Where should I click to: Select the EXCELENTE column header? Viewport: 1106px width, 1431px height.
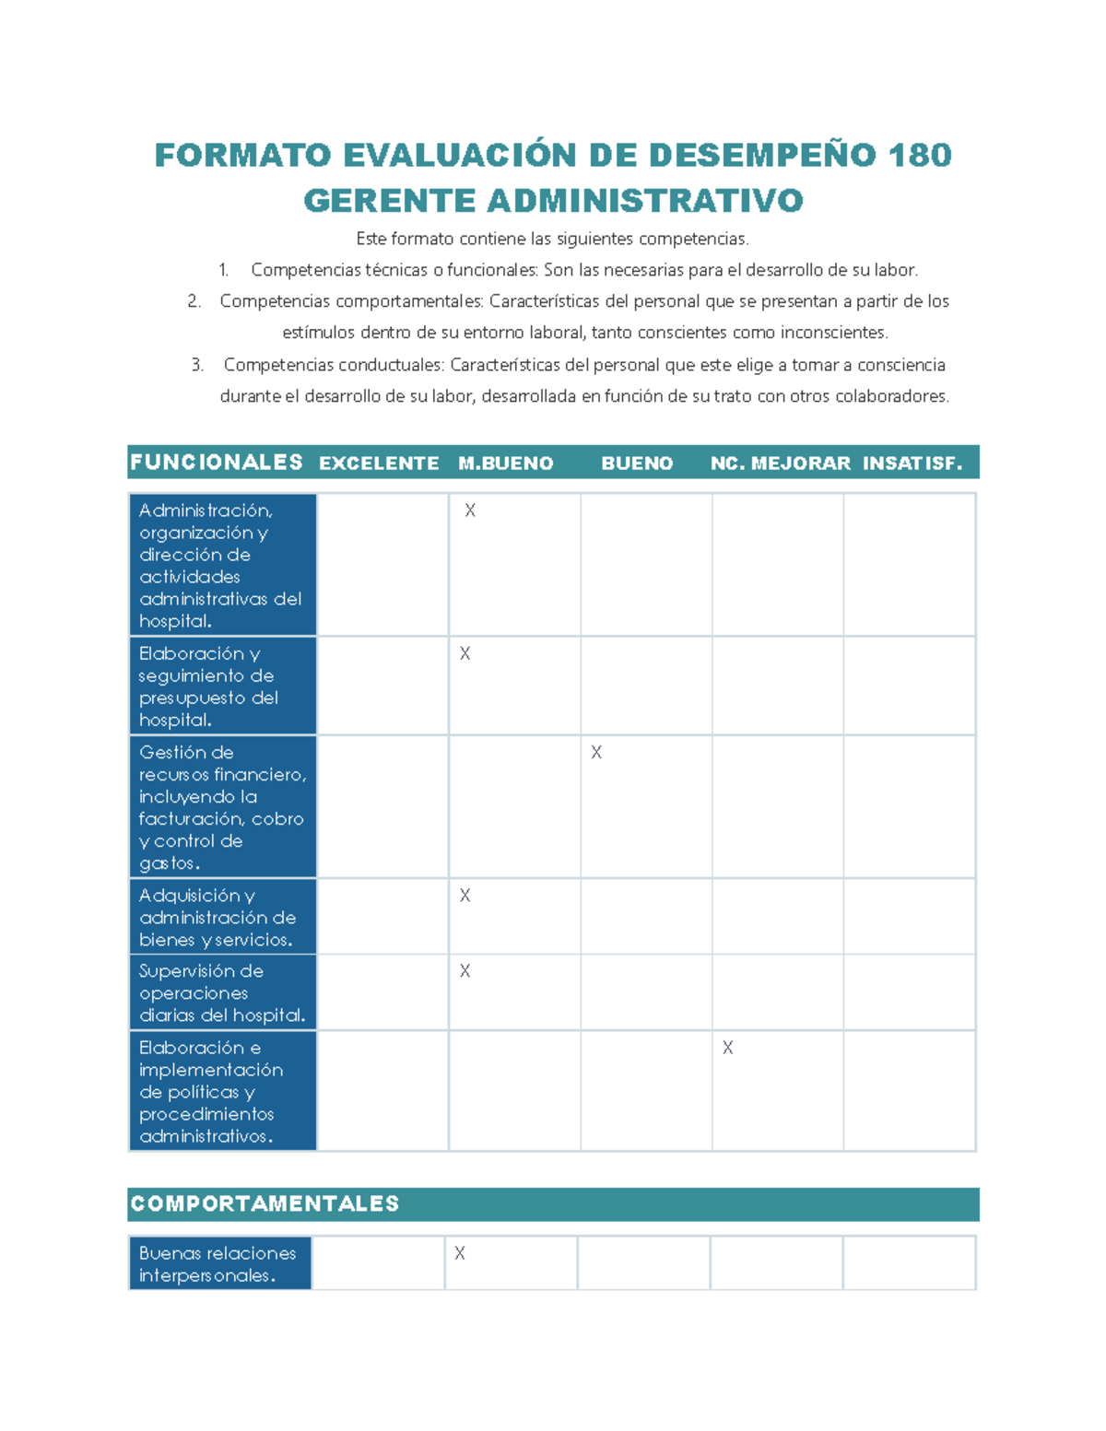click(379, 463)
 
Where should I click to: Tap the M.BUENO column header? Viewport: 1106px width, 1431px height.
click(505, 463)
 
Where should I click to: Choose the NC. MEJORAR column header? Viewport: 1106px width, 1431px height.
click(780, 463)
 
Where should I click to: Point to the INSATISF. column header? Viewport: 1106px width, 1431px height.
click(912, 463)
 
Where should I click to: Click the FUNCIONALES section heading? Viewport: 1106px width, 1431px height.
click(217, 463)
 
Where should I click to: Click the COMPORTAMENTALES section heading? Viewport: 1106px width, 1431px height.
click(265, 1203)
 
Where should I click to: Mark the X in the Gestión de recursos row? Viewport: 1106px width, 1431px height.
click(596, 753)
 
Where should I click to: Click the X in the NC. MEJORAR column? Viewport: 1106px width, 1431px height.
click(728, 1048)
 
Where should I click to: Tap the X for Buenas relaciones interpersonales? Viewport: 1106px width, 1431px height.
click(459, 1253)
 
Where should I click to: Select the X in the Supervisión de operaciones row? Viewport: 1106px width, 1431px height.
click(465, 971)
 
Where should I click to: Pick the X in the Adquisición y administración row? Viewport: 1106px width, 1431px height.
click(465, 896)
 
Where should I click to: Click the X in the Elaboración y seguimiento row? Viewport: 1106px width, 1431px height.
click(465, 653)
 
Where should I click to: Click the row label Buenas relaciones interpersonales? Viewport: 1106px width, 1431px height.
click(218, 1264)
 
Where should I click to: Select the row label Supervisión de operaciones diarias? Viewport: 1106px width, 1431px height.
click(221, 993)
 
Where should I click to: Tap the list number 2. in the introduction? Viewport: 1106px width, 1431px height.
click(194, 301)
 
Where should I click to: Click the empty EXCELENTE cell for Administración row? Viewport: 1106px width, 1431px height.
click(382, 564)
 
